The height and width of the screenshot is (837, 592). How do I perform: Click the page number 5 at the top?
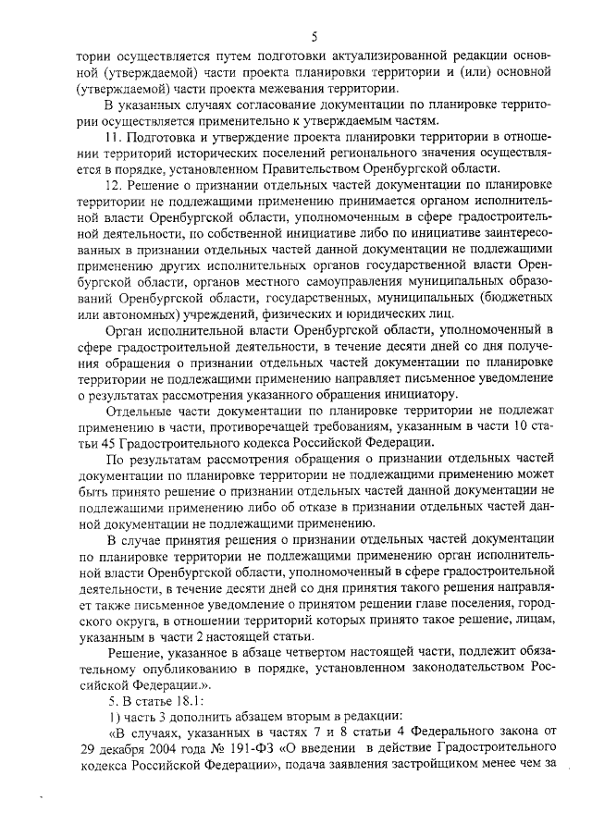[x=314, y=37]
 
